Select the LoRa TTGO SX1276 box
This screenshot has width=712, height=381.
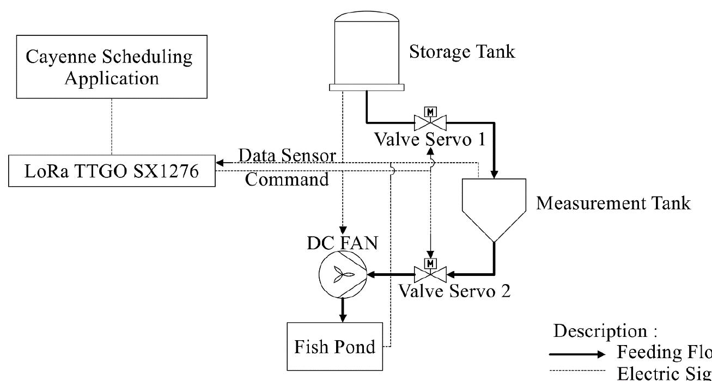pyautogui.click(x=112, y=171)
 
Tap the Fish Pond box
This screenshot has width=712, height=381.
pyautogui.click(x=334, y=347)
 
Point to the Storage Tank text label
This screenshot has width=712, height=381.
pyautogui.click(x=461, y=52)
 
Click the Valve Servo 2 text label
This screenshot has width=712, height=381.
pyautogui.click(x=455, y=290)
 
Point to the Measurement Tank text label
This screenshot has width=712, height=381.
pyautogui.click(x=613, y=203)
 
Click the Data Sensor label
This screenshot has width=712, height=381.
pyautogui.click(x=288, y=156)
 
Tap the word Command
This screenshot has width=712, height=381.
pyautogui.click(x=287, y=180)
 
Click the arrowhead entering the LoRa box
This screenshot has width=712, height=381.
pyautogui.click(x=219, y=163)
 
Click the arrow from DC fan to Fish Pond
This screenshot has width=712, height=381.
pyautogui.click(x=343, y=309)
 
